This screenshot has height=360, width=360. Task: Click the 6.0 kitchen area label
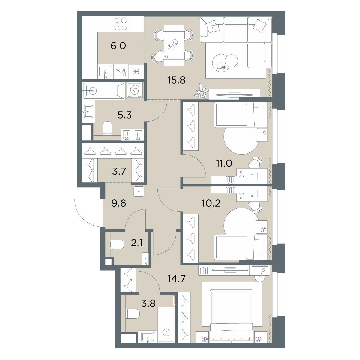point(118,46)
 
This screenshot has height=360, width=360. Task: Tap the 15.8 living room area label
point(176,80)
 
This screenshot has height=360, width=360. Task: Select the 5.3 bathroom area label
point(124,115)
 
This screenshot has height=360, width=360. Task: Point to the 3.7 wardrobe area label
point(119,171)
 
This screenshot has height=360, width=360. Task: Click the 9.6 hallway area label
point(119,203)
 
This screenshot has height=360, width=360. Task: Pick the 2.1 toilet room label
point(137,243)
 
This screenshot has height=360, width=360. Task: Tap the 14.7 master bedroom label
point(176,279)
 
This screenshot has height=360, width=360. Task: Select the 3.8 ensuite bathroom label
point(148,304)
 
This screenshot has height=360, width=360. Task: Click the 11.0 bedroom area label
point(224,163)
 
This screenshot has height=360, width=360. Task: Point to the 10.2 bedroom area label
point(211,203)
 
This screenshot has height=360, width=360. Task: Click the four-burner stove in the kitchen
point(121,24)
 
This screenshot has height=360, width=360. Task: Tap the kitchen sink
point(105,72)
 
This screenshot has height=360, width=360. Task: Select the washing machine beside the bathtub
point(135,90)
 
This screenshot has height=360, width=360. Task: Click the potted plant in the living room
point(201,91)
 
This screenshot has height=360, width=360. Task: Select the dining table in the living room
point(174,45)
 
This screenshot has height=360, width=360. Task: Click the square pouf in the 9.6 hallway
point(139,191)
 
